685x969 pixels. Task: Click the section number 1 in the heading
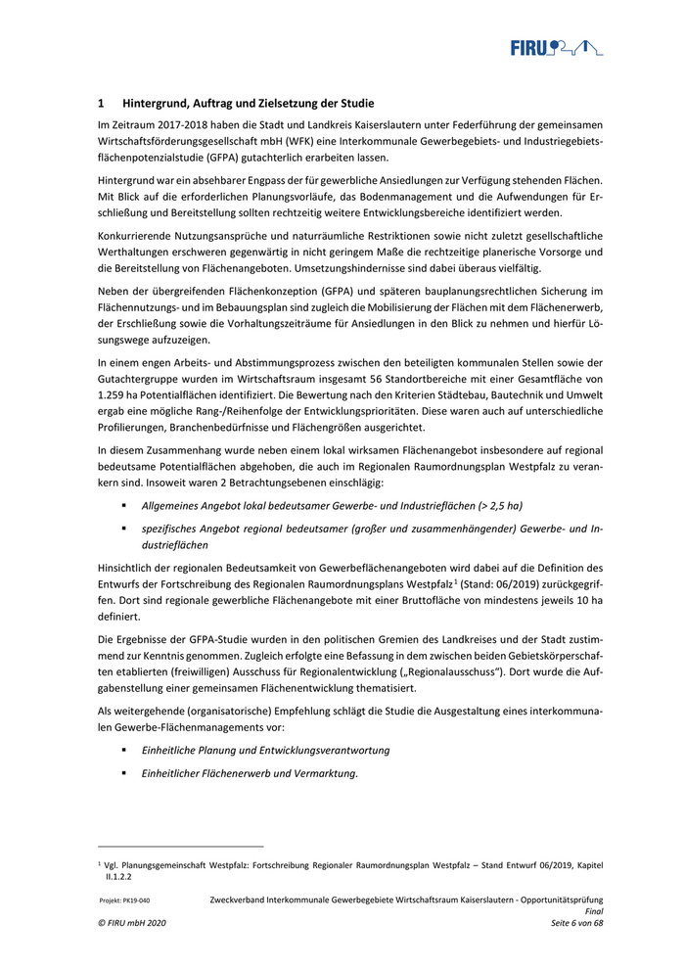[x=101, y=103]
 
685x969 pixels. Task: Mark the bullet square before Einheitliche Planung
[x=124, y=750]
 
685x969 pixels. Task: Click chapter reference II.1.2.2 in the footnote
[x=119, y=878]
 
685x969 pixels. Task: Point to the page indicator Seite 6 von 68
[x=576, y=923]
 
